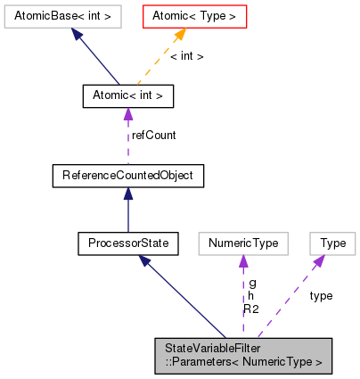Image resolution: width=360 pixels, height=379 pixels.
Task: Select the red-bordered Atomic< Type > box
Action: (x=195, y=15)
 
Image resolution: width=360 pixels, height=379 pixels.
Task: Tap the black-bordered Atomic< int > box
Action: (x=127, y=94)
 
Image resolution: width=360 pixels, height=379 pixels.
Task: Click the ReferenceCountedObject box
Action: (x=127, y=176)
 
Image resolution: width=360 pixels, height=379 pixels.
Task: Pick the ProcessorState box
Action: (x=127, y=242)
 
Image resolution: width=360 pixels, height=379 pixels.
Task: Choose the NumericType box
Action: (x=242, y=242)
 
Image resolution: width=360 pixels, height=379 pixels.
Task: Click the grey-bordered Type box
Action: (x=332, y=242)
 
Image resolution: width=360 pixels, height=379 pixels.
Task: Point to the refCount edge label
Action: (x=154, y=136)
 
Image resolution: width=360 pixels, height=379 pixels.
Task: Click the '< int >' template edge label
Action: (x=186, y=55)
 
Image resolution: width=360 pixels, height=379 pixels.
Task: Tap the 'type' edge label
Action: (x=321, y=295)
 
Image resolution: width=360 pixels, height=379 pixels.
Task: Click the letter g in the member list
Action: (x=252, y=283)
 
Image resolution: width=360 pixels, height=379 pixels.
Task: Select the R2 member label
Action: (x=251, y=309)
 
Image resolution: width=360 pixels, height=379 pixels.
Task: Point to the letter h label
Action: (x=252, y=295)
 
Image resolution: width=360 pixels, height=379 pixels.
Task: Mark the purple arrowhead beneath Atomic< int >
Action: (x=127, y=112)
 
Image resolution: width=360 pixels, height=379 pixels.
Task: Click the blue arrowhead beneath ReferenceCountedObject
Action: (x=127, y=194)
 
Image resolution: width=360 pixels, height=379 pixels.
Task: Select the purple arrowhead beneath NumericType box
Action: (x=242, y=260)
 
